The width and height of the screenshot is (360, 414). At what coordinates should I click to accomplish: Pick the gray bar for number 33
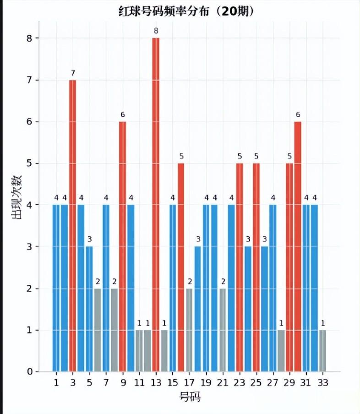(x=322, y=350)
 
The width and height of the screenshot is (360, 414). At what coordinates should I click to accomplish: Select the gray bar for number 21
(x=223, y=330)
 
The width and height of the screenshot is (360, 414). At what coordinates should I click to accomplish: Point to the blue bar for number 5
(x=89, y=309)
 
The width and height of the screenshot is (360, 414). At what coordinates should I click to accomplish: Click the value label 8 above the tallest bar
(x=156, y=31)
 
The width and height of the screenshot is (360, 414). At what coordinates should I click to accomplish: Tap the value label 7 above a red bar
(x=72, y=73)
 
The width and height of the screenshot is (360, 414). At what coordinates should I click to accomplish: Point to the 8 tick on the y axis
(x=29, y=38)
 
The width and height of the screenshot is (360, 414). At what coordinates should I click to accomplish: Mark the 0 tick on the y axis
(x=29, y=371)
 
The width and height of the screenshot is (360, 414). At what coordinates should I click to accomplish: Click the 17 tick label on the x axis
(x=189, y=382)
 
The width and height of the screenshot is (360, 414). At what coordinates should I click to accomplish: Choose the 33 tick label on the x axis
(x=322, y=382)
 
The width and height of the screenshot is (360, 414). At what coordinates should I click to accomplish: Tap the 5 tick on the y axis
(x=29, y=163)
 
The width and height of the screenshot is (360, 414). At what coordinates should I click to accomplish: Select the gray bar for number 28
(x=281, y=350)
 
